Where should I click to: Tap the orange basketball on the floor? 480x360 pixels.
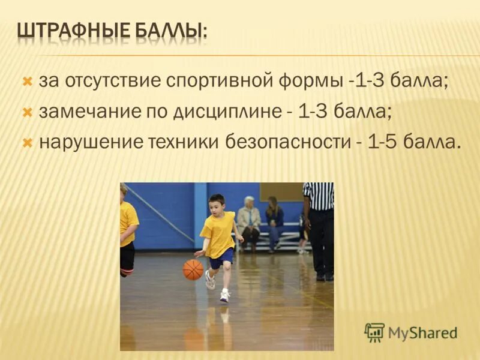point(193,269)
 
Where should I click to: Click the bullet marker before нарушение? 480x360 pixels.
point(26,143)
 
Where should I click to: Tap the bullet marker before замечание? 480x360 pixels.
point(26,112)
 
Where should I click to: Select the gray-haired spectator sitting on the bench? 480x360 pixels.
point(249,219)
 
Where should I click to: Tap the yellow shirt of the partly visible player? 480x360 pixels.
point(128,222)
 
